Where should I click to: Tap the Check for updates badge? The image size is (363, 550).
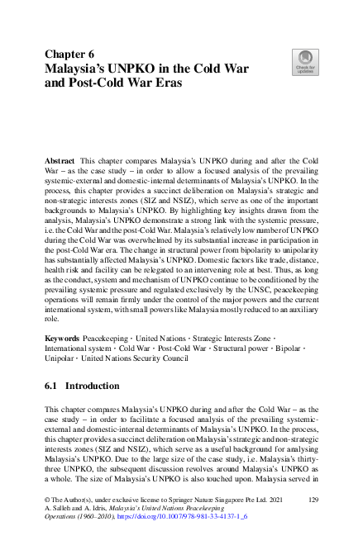305,62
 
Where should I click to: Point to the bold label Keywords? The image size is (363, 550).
64,339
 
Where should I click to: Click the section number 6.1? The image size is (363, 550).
52,385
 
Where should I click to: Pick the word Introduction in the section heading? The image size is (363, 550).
92,385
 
